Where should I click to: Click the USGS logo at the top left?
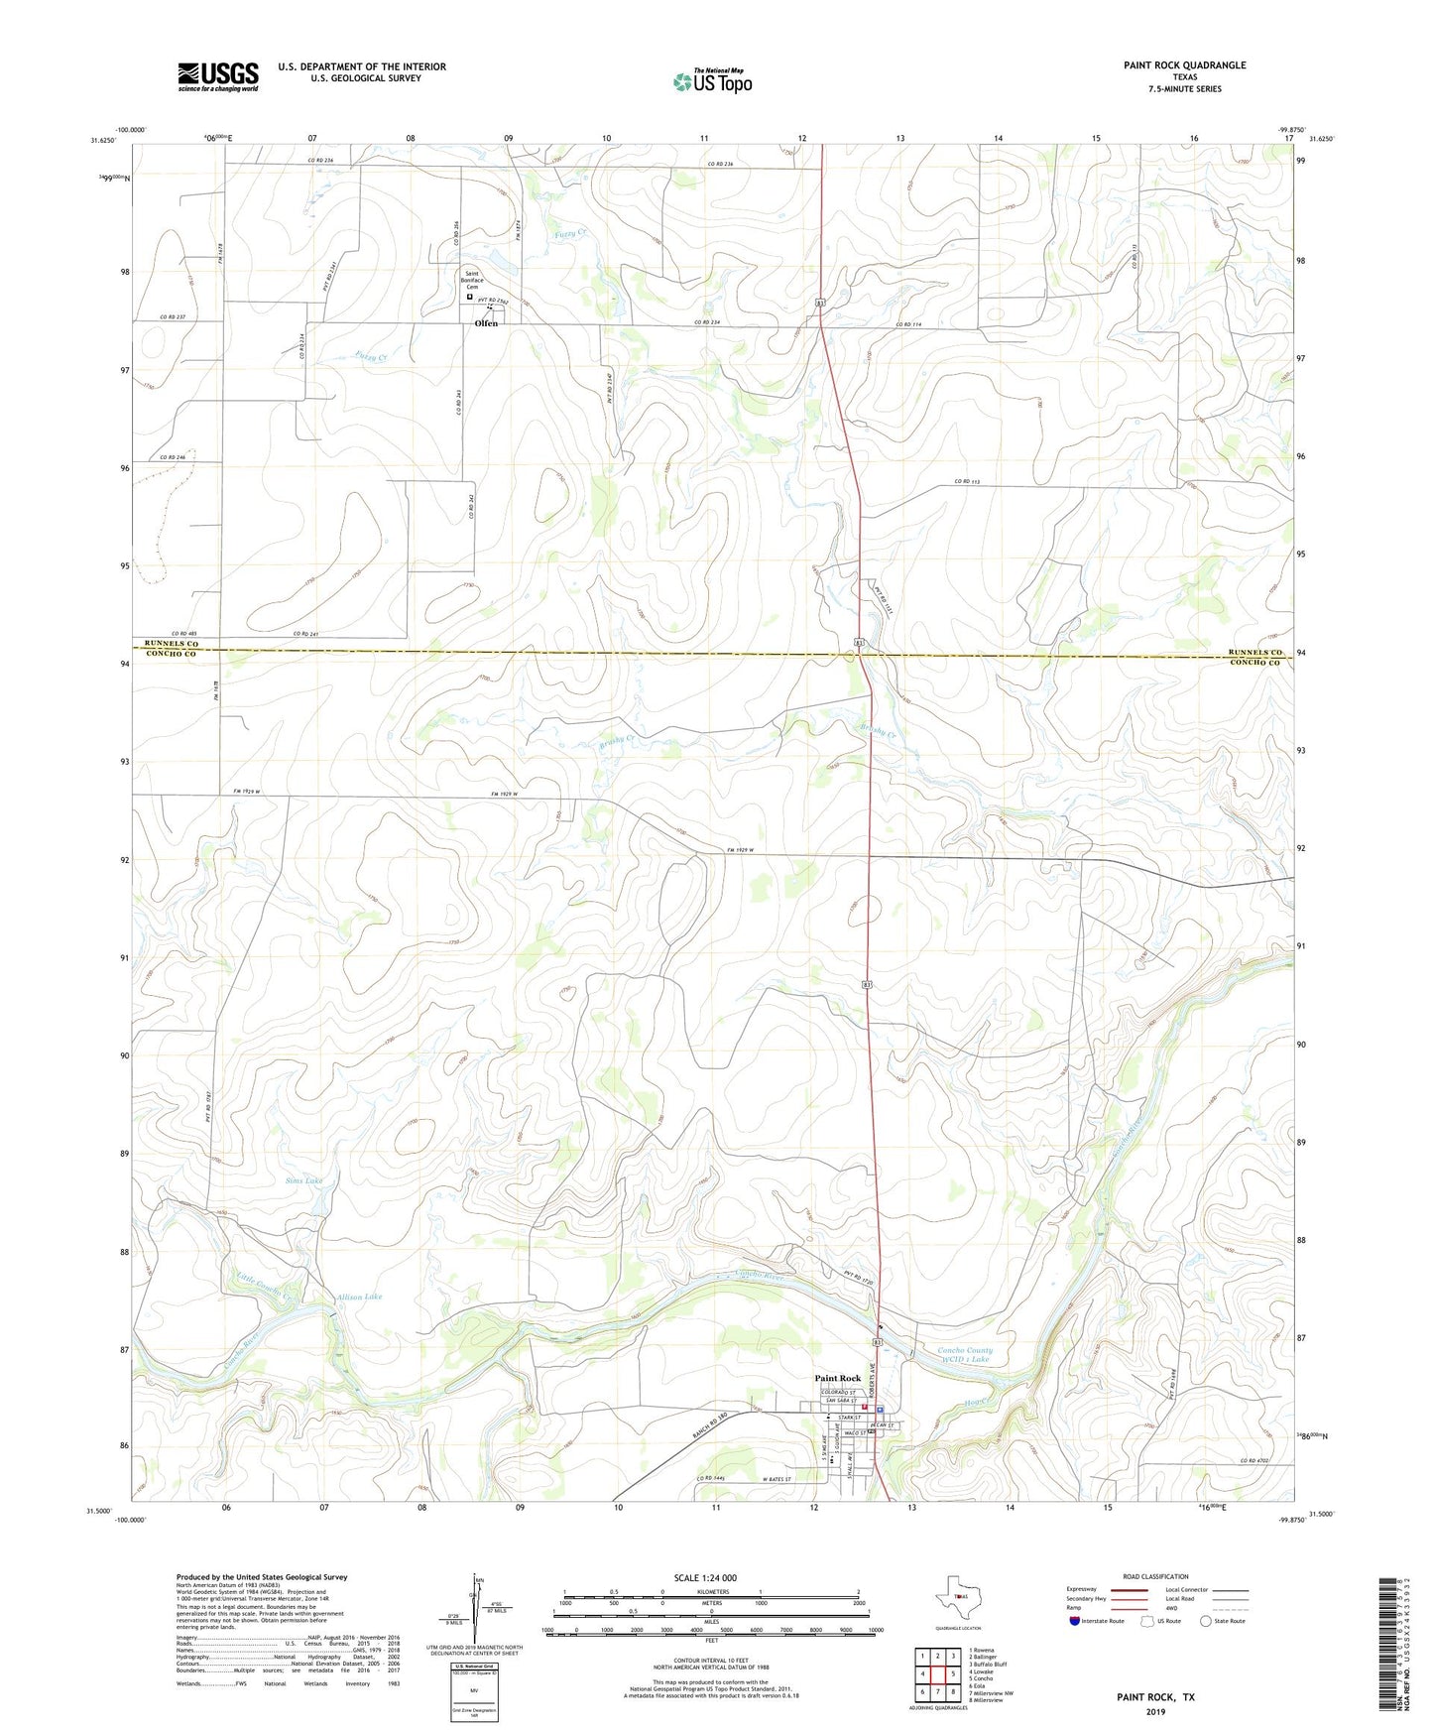pos(218,76)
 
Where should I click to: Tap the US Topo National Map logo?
pos(712,81)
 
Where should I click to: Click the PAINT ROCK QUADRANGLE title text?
pos(1184,65)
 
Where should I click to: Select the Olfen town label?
pos(486,323)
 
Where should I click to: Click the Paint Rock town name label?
pos(837,1378)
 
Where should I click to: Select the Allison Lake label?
pos(359,1297)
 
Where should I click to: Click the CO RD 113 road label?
pos(967,482)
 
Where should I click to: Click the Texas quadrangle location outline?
pos(957,1597)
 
